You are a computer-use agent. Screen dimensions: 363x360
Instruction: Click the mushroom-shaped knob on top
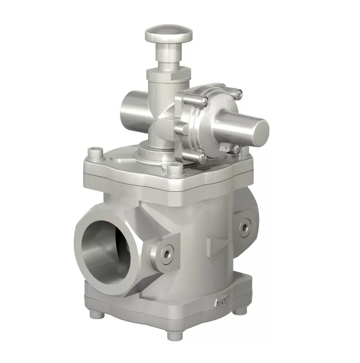(x=168, y=34)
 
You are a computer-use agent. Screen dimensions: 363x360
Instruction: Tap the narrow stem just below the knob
(x=168, y=55)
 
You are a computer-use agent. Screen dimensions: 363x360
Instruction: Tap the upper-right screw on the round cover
(x=238, y=93)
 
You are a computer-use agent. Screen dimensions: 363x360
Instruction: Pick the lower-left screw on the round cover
(x=202, y=157)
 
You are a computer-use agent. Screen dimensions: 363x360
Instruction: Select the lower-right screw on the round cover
(x=237, y=148)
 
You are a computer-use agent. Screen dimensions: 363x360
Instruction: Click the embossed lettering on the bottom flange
(x=220, y=302)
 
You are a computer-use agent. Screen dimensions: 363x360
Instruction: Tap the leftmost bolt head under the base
(x=94, y=314)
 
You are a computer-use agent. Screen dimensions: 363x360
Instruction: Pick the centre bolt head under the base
(x=173, y=334)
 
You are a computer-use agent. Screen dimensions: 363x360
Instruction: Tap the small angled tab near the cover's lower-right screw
(x=226, y=147)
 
